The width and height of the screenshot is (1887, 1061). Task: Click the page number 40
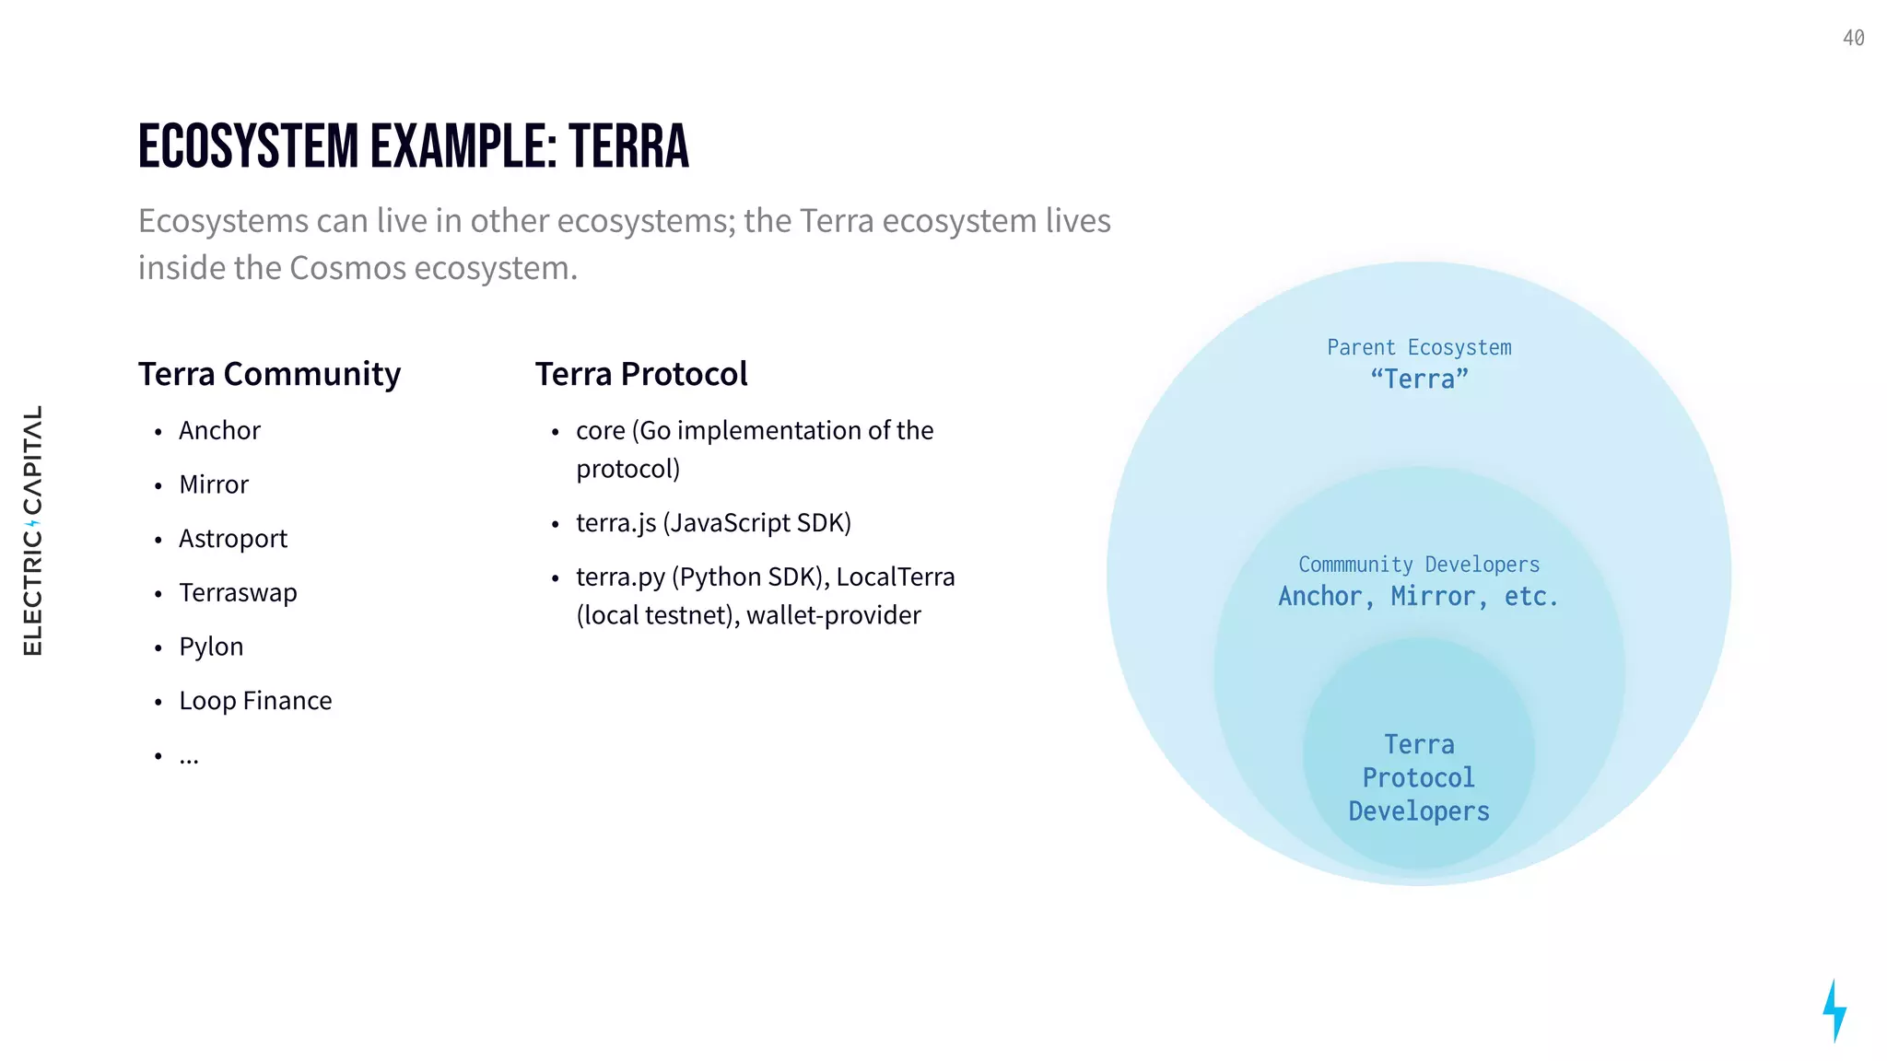1853,39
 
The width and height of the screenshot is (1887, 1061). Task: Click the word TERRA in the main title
628,147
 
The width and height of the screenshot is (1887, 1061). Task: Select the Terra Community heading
269,374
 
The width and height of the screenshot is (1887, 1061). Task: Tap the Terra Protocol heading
641,374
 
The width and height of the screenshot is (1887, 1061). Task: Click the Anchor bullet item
219,430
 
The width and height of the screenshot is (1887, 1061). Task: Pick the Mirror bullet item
214,484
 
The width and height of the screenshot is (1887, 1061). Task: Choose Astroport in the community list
233,539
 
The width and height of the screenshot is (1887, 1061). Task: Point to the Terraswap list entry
238,592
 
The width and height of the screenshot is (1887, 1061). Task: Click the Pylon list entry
211,647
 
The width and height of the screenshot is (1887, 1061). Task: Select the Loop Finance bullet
255,701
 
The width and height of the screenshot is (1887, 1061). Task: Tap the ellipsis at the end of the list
189,757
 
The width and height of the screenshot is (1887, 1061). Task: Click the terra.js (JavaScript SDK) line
713,523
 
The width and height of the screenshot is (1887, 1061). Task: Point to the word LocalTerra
895,577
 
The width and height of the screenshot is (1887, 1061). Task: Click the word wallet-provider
833,615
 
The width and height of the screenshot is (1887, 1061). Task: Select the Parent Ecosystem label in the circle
1419,348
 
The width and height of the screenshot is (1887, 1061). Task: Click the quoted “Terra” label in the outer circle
1419,379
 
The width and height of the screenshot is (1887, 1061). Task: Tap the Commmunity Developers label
1419,565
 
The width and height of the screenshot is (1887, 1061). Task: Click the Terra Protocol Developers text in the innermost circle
1419,778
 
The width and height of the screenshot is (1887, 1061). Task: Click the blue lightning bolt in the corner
1834,1010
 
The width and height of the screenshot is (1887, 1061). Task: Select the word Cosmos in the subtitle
347,268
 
